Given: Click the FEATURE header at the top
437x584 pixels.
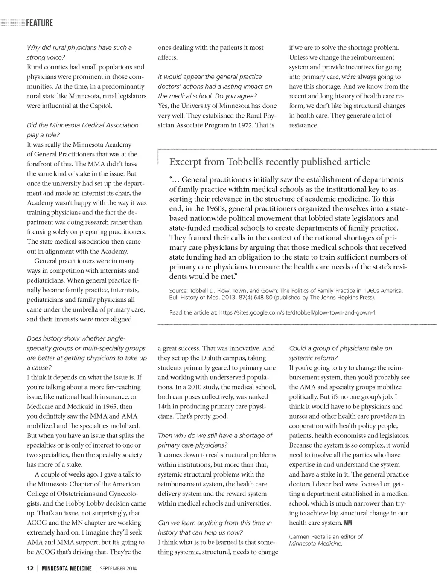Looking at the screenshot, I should point(39,23).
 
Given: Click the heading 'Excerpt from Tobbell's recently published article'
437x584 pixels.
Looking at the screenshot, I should point(270,162).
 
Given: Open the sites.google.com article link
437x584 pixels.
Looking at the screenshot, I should point(297,312).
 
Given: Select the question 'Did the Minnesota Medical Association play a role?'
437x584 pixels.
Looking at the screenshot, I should point(82,130).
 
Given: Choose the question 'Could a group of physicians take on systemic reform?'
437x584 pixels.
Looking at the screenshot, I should point(340,353).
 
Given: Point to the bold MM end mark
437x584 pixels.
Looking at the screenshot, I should point(348,523).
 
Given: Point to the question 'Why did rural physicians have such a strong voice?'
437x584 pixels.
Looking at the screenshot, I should point(79,52).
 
